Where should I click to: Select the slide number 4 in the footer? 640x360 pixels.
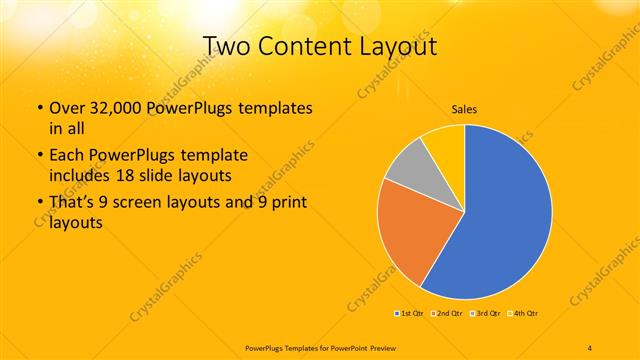(x=589, y=347)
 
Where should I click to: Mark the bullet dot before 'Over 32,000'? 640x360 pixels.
(x=39, y=108)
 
